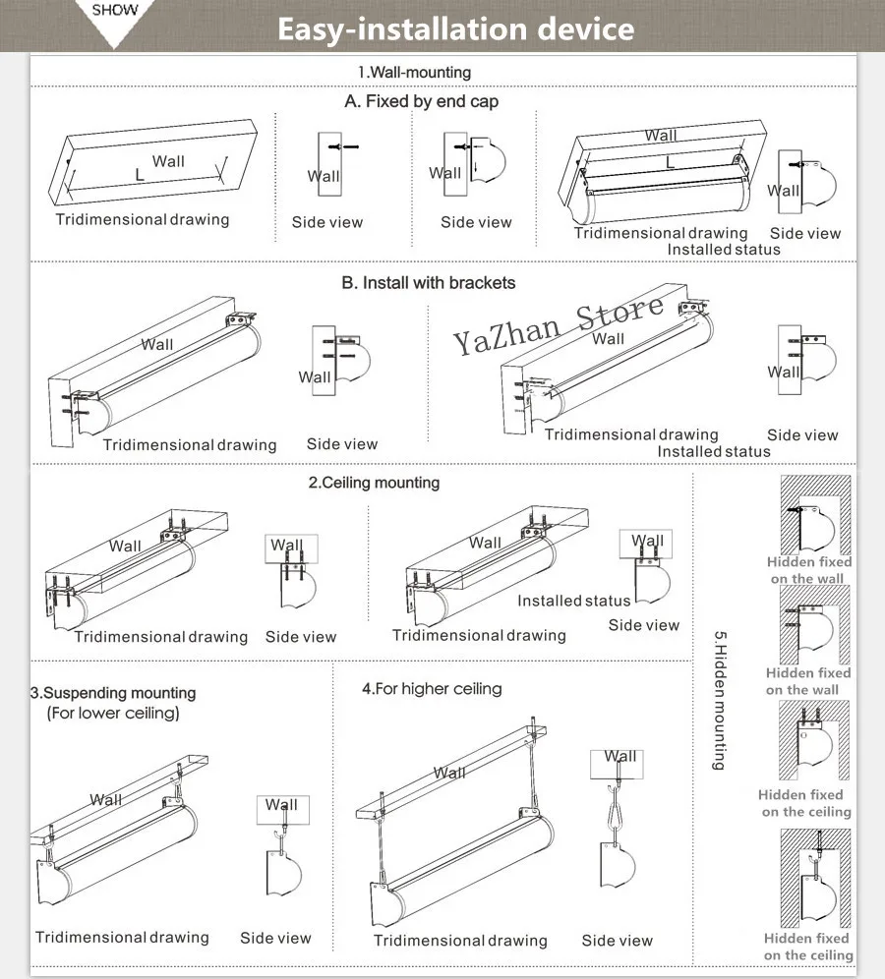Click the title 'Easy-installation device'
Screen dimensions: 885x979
(456, 29)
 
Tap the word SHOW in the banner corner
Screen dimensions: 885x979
(115, 10)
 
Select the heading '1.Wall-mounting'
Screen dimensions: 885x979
(414, 73)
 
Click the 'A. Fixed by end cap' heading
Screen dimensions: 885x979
(421, 101)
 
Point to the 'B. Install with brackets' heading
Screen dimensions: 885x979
(429, 283)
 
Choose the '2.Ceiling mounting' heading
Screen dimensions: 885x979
(374, 483)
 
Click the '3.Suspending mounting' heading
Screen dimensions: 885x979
(113, 693)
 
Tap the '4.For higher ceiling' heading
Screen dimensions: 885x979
(432, 689)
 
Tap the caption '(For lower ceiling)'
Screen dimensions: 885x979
(113, 713)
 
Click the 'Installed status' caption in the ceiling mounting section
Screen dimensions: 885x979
(574, 601)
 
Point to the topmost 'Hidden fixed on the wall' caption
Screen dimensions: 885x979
(809, 570)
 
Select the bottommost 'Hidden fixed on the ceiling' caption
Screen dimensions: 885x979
(807, 947)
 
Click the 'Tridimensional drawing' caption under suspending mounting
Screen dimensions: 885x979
(122, 937)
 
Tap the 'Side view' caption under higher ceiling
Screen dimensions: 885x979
(618, 941)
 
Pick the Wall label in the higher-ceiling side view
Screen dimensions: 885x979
(619, 757)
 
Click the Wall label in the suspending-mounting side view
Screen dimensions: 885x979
(281, 805)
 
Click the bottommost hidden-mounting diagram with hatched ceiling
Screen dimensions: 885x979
(815, 878)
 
